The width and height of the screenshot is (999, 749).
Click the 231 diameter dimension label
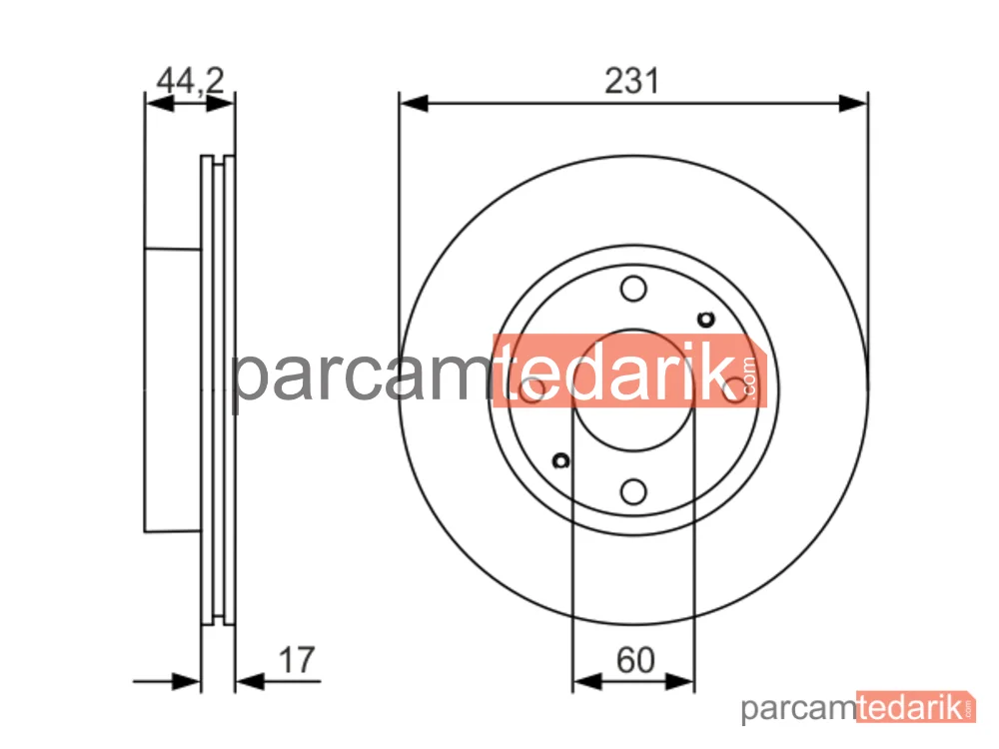click(x=631, y=81)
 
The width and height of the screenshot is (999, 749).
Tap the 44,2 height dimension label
click(x=191, y=81)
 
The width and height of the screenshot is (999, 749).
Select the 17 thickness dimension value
click(x=297, y=660)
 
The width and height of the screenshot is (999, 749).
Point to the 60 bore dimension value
click(x=635, y=660)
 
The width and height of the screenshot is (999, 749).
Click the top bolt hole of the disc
click(x=633, y=289)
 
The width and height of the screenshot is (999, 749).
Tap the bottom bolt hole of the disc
click(x=633, y=491)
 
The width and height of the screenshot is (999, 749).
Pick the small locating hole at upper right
click(x=706, y=320)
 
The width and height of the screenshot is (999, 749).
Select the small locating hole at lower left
click(x=560, y=460)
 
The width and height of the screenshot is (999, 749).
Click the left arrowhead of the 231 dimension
click(x=414, y=103)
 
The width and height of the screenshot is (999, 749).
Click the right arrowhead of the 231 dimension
click(x=853, y=103)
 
